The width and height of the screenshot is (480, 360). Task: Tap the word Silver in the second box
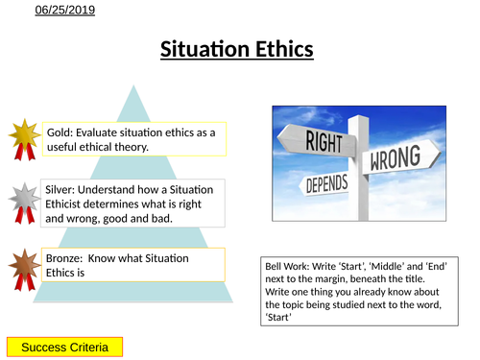coord(64,191)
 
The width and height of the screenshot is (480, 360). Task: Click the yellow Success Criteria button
coord(64,345)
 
